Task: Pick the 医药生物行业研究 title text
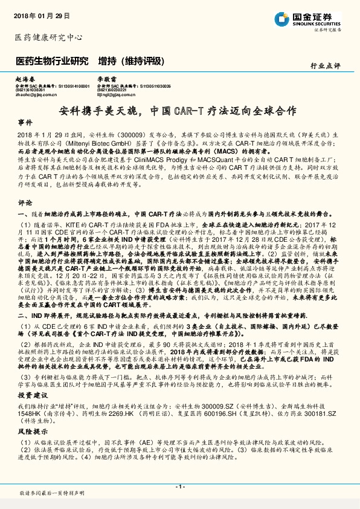pyautogui.click(x=52, y=61)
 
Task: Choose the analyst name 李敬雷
pyautogui.click(x=107, y=79)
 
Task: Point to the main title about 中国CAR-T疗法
pyautogui.click(x=179, y=111)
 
